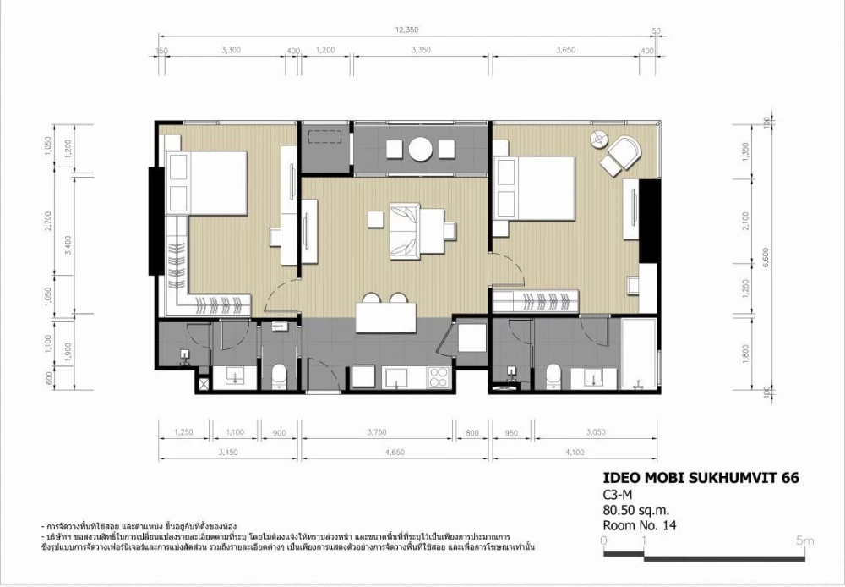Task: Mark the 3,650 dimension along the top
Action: tap(565, 51)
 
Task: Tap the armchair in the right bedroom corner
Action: tap(624, 153)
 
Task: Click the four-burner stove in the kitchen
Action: tap(439, 377)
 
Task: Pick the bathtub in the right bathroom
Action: tap(637, 355)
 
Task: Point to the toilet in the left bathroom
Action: tap(279, 375)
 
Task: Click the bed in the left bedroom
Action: tap(205, 182)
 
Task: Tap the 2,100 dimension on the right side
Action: tap(743, 221)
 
